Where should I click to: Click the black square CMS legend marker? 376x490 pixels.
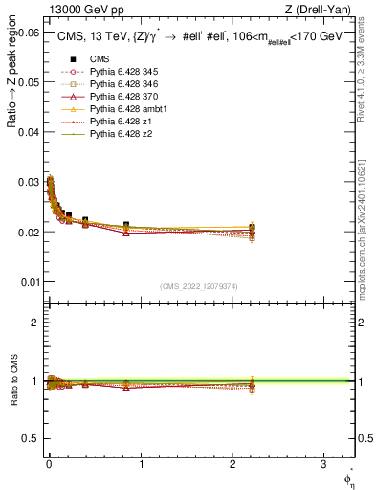(67, 58)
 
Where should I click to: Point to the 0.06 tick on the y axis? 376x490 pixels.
(28, 32)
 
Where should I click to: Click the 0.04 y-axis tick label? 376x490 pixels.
(28, 132)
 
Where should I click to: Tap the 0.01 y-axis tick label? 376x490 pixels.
(28, 282)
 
